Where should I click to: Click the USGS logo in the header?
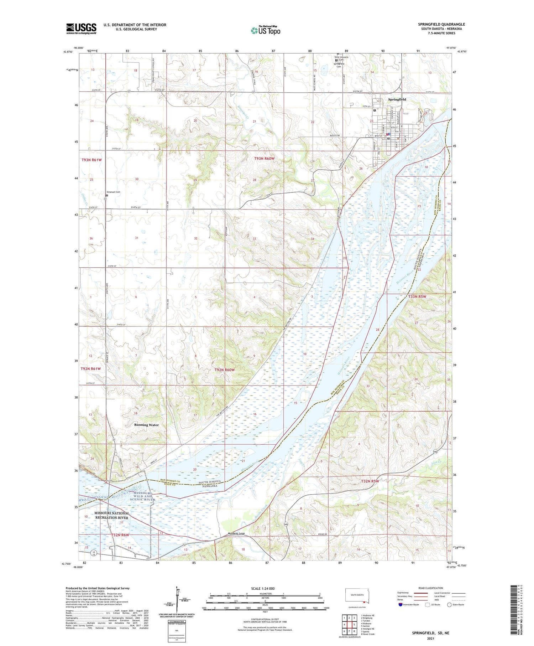tap(81, 29)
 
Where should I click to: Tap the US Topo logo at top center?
tap(266, 31)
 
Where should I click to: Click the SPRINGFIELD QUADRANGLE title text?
tap(441, 25)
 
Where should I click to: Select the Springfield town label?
tap(397, 99)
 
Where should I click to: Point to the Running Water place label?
tap(146, 425)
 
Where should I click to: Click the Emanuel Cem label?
tap(114, 192)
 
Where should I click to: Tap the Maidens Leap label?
tap(236, 534)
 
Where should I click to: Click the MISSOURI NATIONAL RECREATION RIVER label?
tap(112, 515)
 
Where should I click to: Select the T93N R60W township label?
tap(267, 158)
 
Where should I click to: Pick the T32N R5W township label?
tap(370, 481)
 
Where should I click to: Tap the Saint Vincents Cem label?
tap(341, 58)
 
